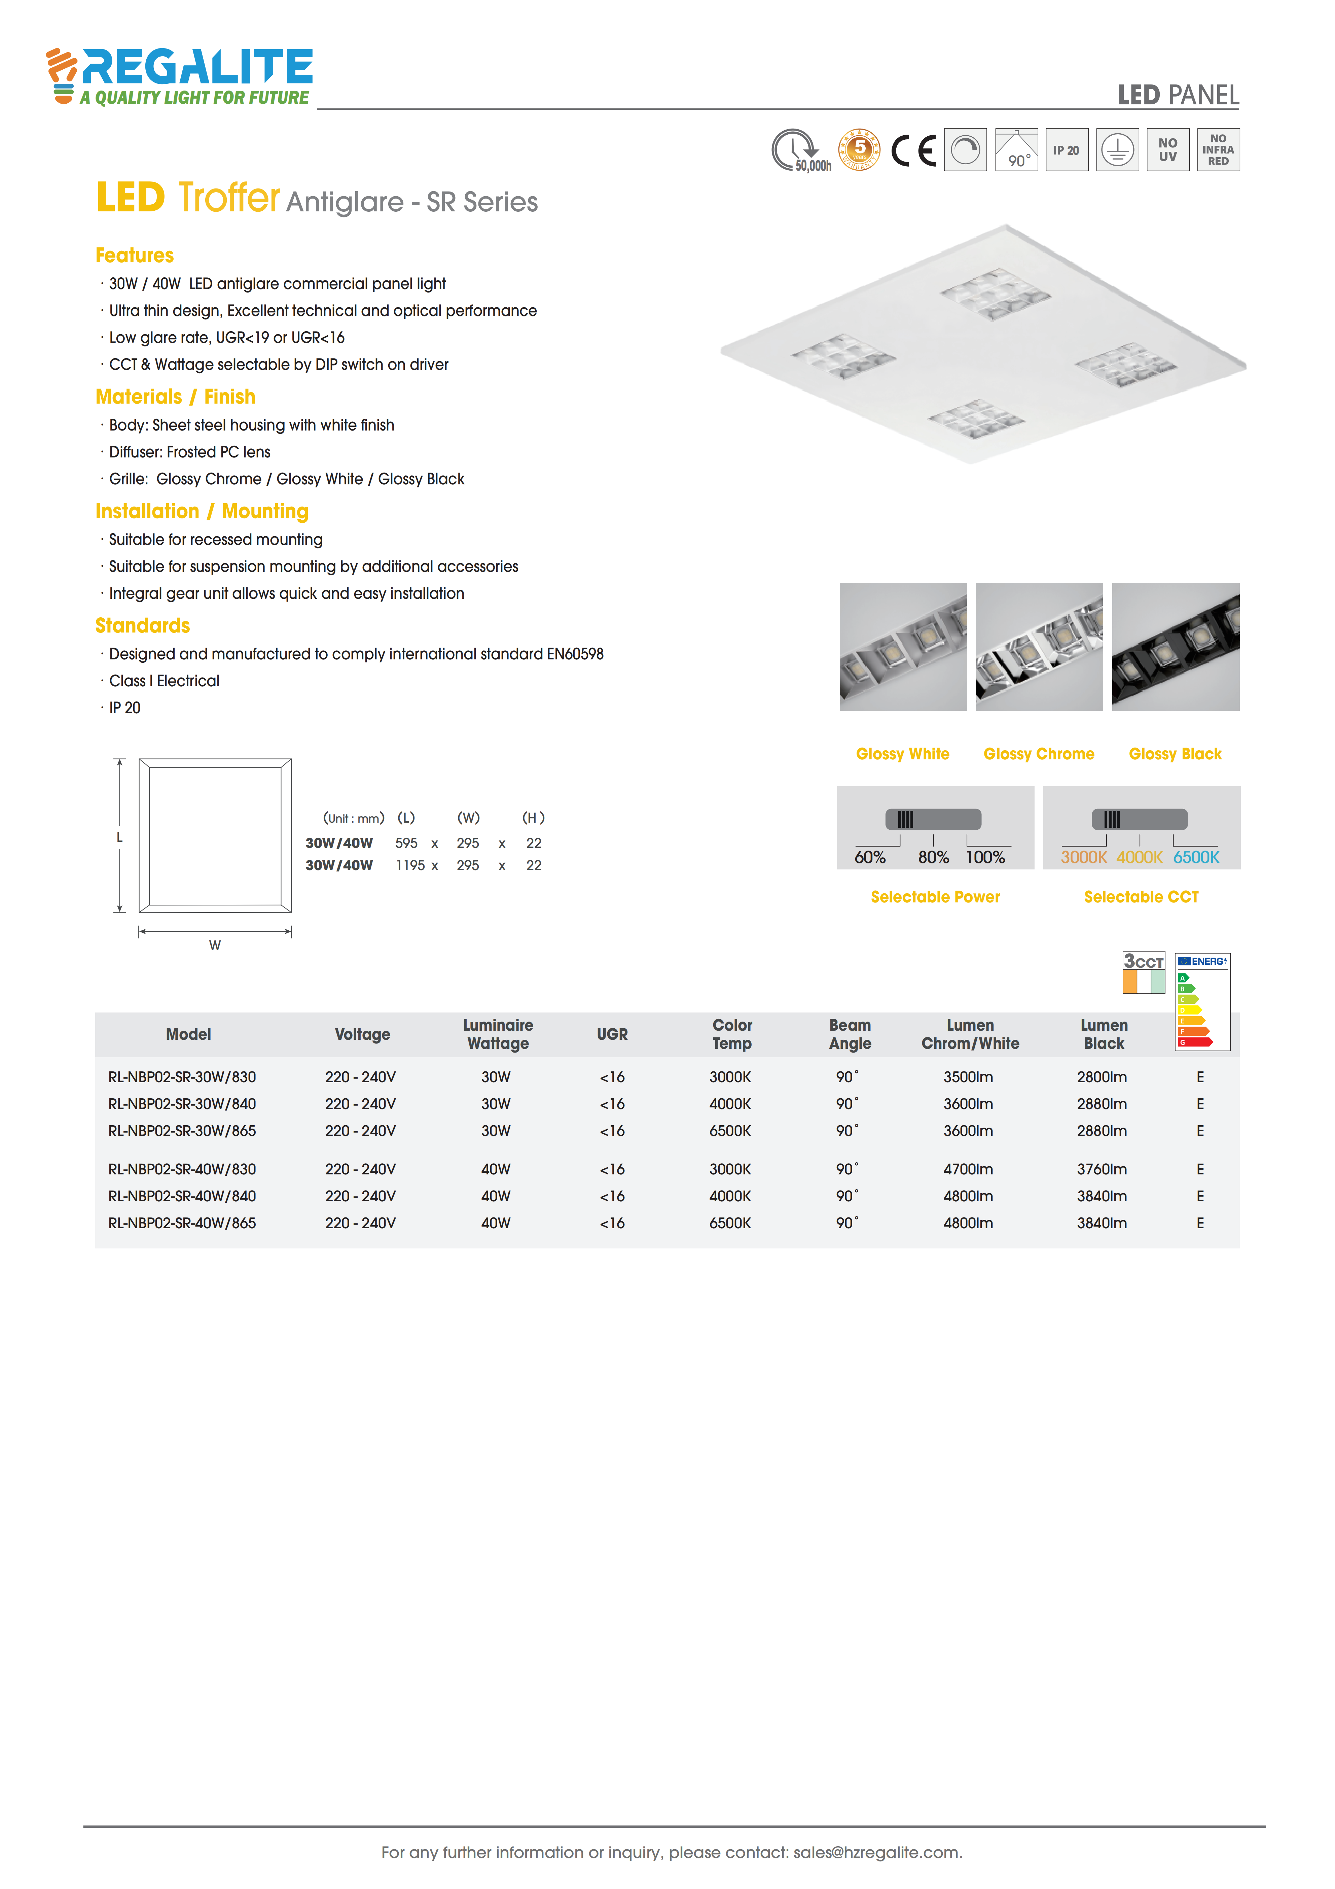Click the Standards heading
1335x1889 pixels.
[x=142, y=625]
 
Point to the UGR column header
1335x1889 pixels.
[x=612, y=1034]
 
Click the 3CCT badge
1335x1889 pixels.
[x=1143, y=972]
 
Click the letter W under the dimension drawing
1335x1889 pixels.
[x=215, y=945]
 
